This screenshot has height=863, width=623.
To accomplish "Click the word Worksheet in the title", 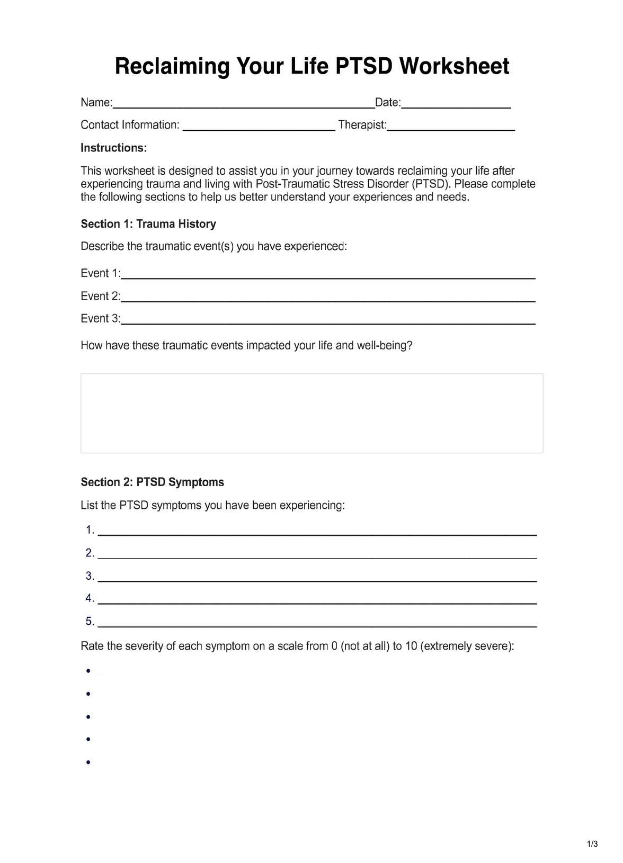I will click(454, 67).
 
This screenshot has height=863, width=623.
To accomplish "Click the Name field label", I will click(96, 103).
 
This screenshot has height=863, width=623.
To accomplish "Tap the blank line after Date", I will click(456, 104).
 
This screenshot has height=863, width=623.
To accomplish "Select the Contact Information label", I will click(130, 125).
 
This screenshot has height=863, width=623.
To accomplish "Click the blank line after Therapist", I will click(451, 127).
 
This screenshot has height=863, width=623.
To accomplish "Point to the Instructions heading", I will click(113, 148).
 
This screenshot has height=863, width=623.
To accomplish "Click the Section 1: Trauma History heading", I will click(148, 224).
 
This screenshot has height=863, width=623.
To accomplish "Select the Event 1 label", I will click(100, 273).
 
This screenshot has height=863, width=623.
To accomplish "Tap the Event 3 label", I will click(100, 319).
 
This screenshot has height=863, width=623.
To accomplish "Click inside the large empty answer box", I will click(311, 413).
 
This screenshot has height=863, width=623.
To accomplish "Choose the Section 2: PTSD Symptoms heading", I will click(152, 482).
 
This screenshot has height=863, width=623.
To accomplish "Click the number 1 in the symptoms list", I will click(90, 530).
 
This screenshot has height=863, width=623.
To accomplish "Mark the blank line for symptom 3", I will click(317, 579).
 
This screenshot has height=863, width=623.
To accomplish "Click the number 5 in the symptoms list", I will click(90, 622).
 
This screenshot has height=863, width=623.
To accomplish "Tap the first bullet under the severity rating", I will click(88, 671).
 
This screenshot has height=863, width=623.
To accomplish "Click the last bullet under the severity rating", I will click(88, 762).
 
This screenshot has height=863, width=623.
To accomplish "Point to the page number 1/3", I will click(592, 844).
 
